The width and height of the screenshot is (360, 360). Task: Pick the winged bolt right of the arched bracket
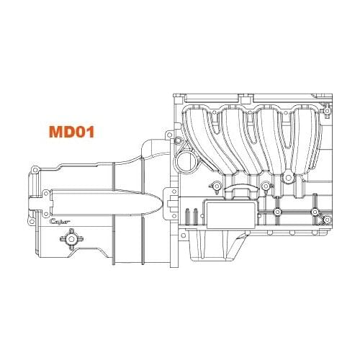click(x=266, y=188)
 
